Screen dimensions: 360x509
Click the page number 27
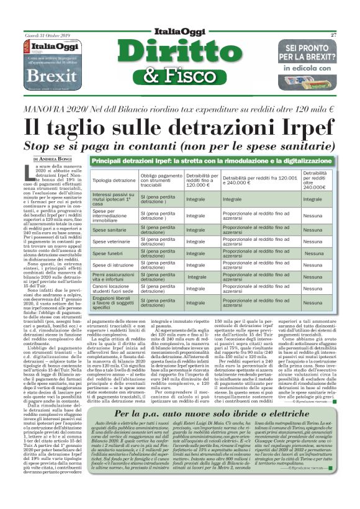click(333, 35)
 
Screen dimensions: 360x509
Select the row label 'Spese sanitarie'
click(110, 230)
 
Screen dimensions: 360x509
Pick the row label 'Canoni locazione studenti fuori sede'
click(114, 289)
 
